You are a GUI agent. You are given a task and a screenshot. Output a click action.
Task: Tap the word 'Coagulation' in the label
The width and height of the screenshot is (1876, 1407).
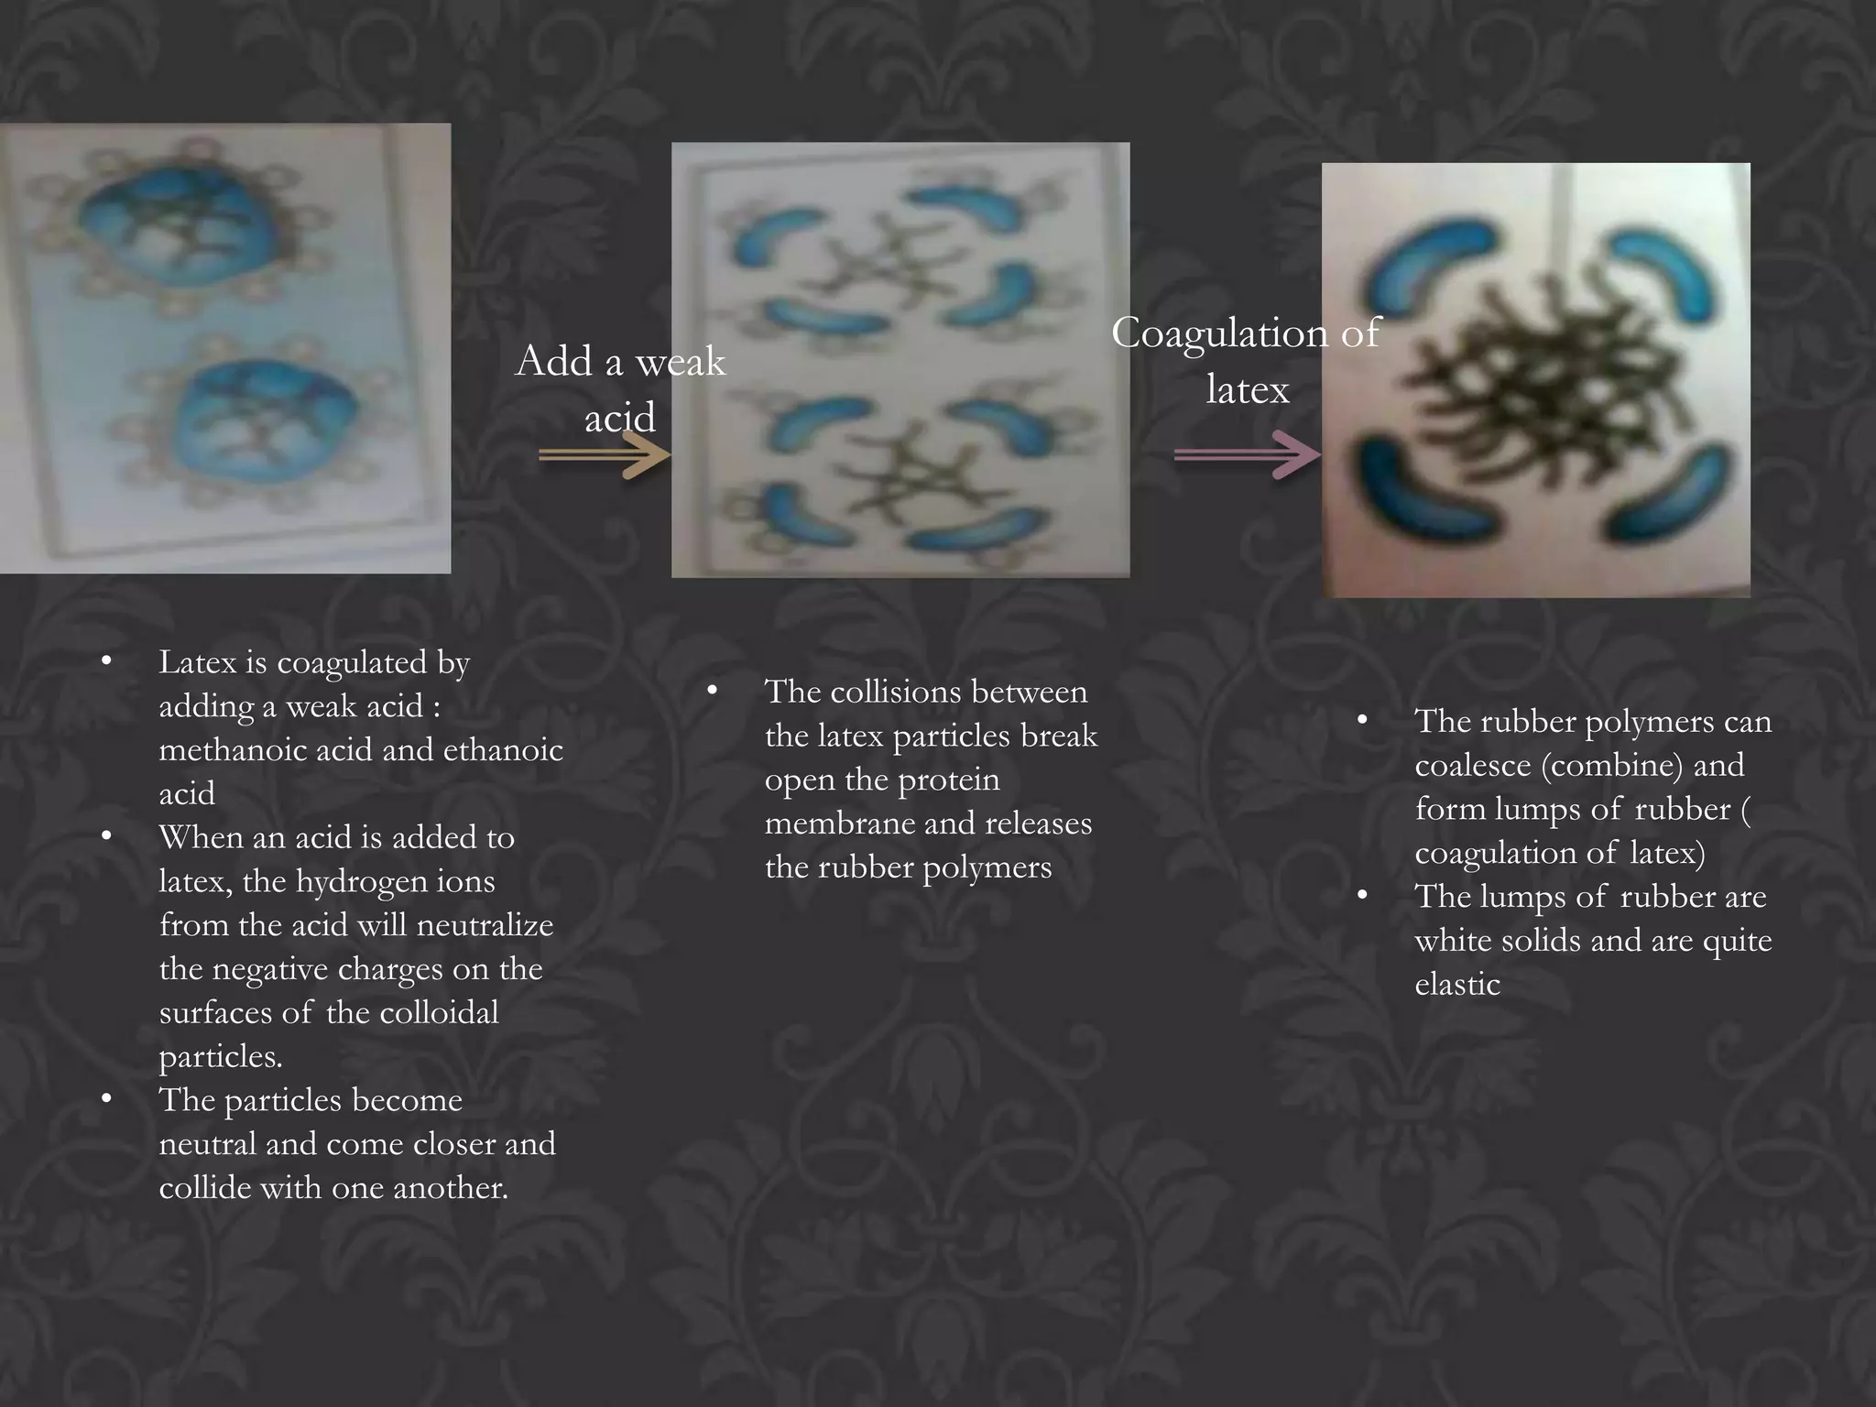pyautogui.click(x=1218, y=333)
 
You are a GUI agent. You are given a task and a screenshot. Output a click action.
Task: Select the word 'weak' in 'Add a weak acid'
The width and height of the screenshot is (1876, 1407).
pyautogui.click(x=680, y=363)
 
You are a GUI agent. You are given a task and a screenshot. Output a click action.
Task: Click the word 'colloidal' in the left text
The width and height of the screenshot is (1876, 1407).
pyautogui.click(x=439, y=1013)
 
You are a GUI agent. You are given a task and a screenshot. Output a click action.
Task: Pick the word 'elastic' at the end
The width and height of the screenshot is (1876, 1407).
pyautogui.click(x=1457, y=985)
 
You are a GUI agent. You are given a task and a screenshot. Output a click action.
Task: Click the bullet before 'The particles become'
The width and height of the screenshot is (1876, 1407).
pyautogui.click(x=107, y=1098)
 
